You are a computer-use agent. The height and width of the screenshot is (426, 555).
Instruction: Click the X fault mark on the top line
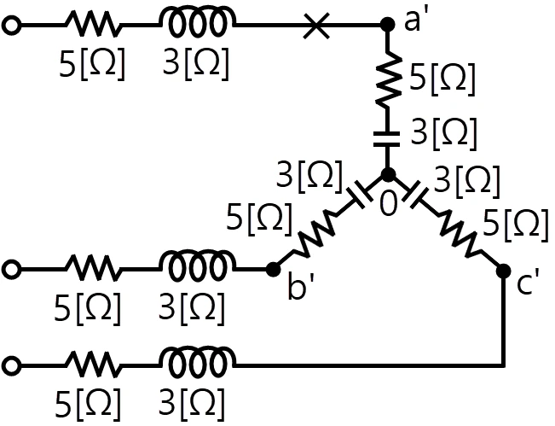pos(317,26)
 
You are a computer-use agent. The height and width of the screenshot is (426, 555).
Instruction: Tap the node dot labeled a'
pos(388,25)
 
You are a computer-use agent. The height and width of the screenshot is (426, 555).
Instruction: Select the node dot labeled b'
pos(273,270)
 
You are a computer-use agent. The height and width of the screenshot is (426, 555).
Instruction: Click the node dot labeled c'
pos(503,271)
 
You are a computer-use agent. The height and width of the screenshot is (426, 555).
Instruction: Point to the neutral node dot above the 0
pos(388,175)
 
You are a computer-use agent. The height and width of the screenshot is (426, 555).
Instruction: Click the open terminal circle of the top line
pos(11,26)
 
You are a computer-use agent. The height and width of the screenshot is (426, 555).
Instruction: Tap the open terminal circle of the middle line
pos(11,270)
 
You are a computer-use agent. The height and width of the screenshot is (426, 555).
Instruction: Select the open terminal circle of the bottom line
pos(11,365)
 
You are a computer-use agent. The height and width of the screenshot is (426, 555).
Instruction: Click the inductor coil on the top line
pos(197,21)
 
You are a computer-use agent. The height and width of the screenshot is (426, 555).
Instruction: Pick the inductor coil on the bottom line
pos(197,361)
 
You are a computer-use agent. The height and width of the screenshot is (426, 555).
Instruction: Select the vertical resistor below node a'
pos(388,79)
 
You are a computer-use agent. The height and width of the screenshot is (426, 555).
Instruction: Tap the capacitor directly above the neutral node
pos(387,139)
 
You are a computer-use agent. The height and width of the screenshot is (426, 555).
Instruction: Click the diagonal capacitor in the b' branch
pos(359,195)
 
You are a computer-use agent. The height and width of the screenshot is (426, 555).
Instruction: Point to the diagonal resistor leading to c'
pos(459,234)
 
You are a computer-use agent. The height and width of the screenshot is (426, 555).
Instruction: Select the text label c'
pos(528,283)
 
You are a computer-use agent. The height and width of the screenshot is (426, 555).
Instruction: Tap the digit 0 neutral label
pos(388,204)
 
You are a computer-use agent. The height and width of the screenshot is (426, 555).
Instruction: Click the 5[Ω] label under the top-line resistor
pos(92,65)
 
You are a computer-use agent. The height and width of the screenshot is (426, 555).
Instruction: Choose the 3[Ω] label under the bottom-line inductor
pos(192,404)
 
